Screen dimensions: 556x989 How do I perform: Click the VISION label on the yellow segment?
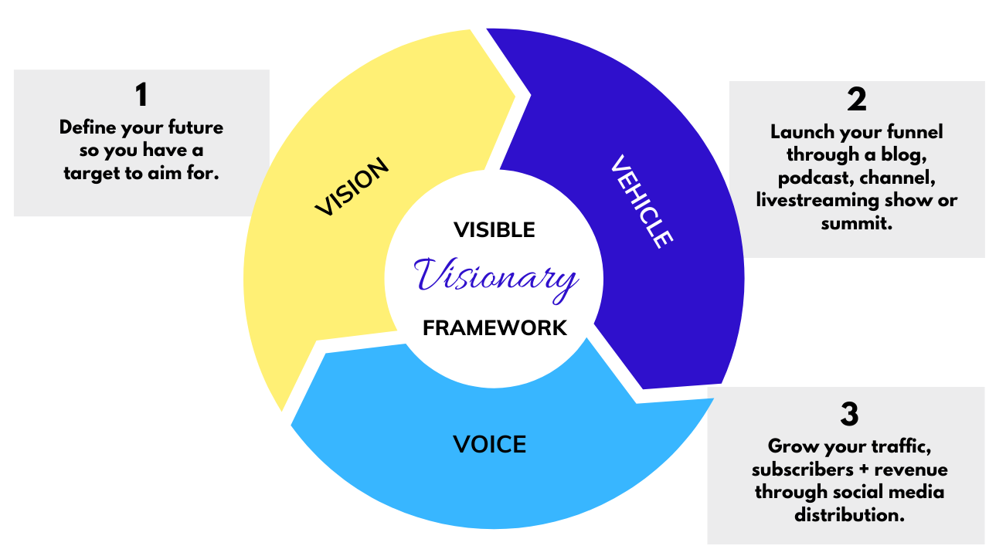[x=352, y=188]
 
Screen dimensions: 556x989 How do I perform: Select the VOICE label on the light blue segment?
[x=489, y=444]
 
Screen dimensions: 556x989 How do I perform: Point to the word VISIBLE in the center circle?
[x=494, y=230]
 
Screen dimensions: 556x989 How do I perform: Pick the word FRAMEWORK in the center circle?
[x=494, y=327]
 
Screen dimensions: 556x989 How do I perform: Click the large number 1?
[x=141, y=95]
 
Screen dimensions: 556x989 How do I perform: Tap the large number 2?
[x=856, y=100]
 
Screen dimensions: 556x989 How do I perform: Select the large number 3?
[x=849, y=415]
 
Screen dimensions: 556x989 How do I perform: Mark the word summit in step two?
[x=856, y=224]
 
